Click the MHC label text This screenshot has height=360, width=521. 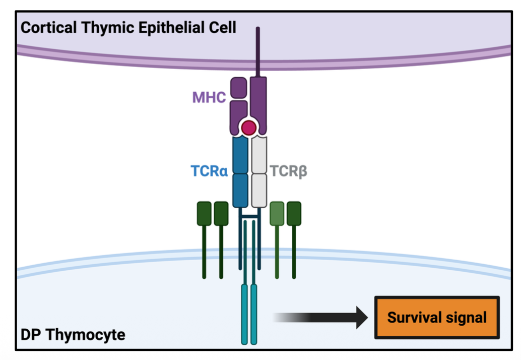(209, 97)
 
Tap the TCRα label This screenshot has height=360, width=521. (209, 171)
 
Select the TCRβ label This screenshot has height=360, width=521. (289, 171)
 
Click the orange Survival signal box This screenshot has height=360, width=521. (437, 318)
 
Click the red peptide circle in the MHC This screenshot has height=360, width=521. (248, 128)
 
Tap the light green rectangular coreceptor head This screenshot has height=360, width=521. (277, 213)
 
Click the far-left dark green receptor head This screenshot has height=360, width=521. (204, 213)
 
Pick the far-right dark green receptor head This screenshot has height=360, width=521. (294, 213)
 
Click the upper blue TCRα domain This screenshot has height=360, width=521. (240, 155)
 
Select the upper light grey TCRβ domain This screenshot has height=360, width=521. (259, 155)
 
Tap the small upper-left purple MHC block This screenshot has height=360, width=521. (239, 88)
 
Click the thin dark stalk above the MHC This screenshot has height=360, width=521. (258, 50)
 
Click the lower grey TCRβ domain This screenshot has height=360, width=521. (259, 190)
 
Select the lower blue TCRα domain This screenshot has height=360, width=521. (240, 190)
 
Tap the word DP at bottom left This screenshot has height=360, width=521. (31, 334)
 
